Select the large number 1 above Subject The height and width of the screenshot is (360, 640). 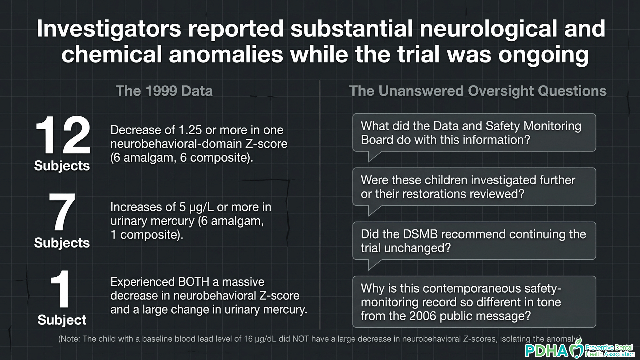coord(61,289)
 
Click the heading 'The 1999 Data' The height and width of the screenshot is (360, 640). coord(164,91)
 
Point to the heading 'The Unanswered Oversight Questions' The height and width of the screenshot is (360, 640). coord(478,91)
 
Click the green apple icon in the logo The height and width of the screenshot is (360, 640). coord(576,349)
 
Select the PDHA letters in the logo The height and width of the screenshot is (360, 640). coord(546,351)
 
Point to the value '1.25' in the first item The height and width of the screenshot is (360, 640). coord(190,130)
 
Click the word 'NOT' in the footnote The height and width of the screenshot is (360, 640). coord(301,339)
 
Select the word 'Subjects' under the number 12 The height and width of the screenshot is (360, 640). coord(62,166)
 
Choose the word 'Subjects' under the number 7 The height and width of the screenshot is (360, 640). coord(62,243)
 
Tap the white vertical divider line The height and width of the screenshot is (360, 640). coord(320,205)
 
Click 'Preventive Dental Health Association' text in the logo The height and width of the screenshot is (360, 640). coord(610,351)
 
